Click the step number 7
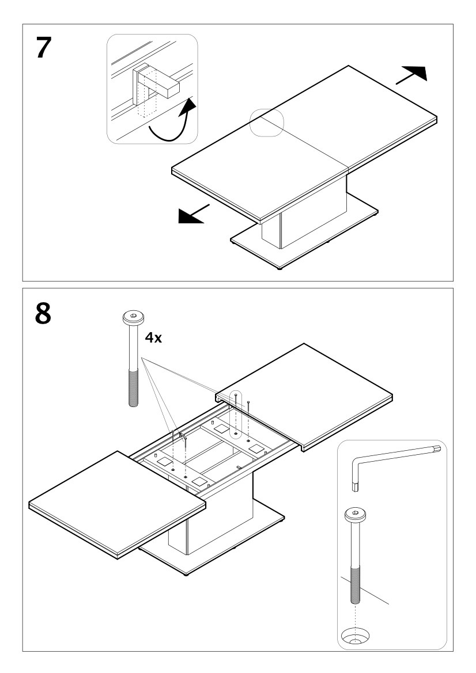(44, 48)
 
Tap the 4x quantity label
(153, 338)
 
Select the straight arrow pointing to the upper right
(411, 74)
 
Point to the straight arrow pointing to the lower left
(194, 214)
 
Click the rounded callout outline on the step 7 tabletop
(267, 122)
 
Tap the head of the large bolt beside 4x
(133, 318)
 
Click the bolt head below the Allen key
(355, 514)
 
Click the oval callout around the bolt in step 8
(236, 415)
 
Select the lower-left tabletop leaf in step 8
(118, 504)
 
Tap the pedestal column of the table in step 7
(304, 212)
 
